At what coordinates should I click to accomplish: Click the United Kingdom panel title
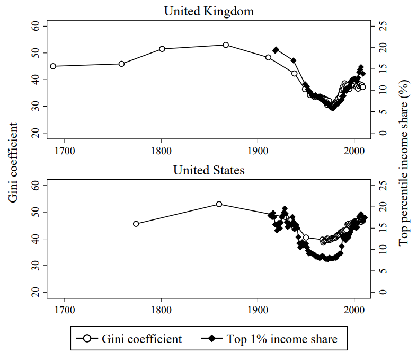pyautogui.click(x=208, y=11)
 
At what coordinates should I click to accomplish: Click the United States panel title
pyautogui.click(x=208, y=170)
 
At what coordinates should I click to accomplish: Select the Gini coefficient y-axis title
pyautogui.click(x=13, y=162)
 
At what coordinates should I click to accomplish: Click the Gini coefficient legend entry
pyautogui.click(x=130, y=338)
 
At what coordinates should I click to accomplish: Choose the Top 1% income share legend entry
pyautogui.click(x=270, y=338)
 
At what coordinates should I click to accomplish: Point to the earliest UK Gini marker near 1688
pyautogui.click(x=53, y=66)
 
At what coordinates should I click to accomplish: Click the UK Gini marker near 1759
pyautogui.click(x=121, y=64)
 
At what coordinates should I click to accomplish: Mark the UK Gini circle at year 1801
pyautogui.click(x=162, y=49)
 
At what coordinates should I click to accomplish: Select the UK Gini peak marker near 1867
pyautogui.click(x=226, y=45)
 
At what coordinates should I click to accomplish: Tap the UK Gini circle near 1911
pyautogui.click(x=269, y=57)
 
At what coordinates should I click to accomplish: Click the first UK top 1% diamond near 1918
pyautogui.click(x=276, y=50)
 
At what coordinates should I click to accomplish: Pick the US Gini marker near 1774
pyautogui.click(x=136, y=224)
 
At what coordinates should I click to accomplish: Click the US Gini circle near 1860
pyautogui.click(x=219, y=204)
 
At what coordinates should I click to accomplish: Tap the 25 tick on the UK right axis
pyautogui.click(x=381, y=27)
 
